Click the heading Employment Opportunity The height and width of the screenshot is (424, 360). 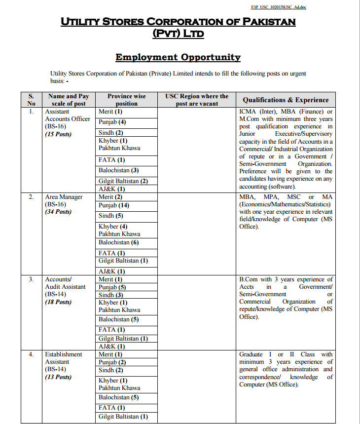178,57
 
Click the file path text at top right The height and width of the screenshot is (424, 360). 279,7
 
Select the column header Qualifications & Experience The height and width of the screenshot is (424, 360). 286,100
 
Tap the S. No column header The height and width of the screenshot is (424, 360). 31,100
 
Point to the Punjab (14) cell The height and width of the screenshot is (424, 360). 113,205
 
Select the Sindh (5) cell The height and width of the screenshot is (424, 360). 111,216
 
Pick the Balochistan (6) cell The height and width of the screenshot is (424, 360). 118,242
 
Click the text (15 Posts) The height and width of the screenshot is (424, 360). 58,134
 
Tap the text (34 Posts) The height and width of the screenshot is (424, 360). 58,212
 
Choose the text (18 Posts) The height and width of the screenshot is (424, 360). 58,302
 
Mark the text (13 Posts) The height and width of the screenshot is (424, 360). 58,377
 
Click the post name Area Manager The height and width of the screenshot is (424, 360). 64,197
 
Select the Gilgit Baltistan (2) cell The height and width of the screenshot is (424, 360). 123,181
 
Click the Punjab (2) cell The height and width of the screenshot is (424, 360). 112,362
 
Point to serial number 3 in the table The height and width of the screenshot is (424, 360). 31,279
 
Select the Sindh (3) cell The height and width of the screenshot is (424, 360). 111,295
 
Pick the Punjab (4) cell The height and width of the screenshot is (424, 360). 112,121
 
